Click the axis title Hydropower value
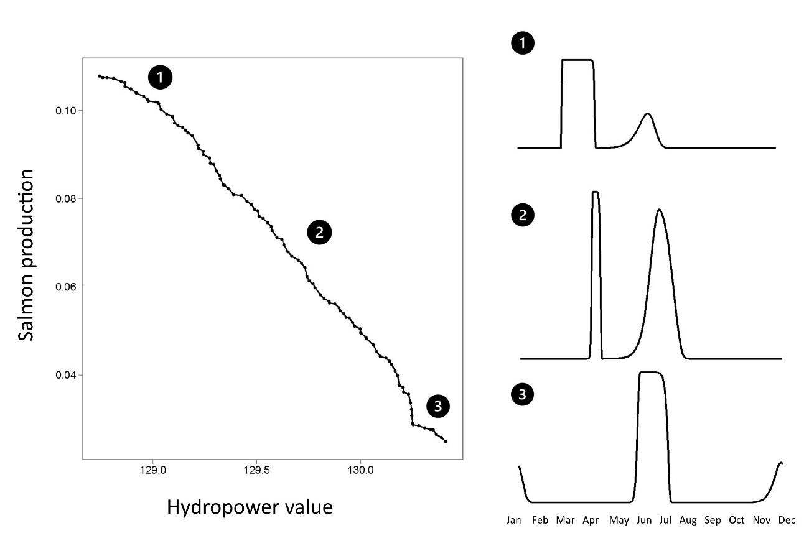250,507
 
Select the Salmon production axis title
26,255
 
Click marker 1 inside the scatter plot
160,78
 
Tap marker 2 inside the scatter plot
319,233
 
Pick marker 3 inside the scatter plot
438,407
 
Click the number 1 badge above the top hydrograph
522,44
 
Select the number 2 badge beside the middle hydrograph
522,216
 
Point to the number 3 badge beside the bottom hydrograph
522,394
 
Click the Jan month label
514,520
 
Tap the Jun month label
643,520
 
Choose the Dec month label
787,520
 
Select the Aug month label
688,520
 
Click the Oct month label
736,520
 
